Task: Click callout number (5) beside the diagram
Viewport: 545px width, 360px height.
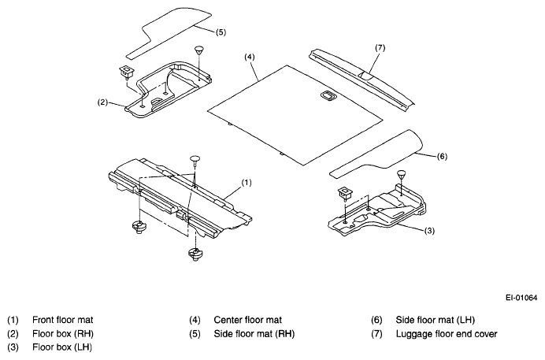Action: click(221, 32)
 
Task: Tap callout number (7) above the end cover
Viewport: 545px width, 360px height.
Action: click(380, 47)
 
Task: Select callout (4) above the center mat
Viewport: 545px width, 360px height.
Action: click(249, 57)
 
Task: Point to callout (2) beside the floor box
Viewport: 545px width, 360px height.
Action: click(102, 102)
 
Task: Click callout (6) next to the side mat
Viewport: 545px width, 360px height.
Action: click(442, 157)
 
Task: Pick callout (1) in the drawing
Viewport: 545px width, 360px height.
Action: click(246, 183)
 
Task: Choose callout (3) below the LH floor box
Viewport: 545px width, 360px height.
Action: click(429, 230)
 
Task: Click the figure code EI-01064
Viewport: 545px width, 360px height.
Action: click(521, 298)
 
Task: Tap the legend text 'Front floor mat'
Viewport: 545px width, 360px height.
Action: click(62, 320)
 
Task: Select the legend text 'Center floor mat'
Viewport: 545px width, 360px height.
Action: click(247, 320)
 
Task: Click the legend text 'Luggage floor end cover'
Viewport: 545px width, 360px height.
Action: click(447, 334)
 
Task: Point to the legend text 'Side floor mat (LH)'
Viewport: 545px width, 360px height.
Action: click(436, 320)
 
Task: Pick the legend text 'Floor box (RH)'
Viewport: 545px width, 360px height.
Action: click(63, 334)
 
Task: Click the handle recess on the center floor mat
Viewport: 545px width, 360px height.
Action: click(327, 95)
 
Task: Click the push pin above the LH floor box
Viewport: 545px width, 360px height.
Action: click(402, 173)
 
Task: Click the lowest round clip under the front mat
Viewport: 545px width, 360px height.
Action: click(195, 254)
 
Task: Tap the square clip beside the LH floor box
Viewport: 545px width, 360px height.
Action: click(345, 194)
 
